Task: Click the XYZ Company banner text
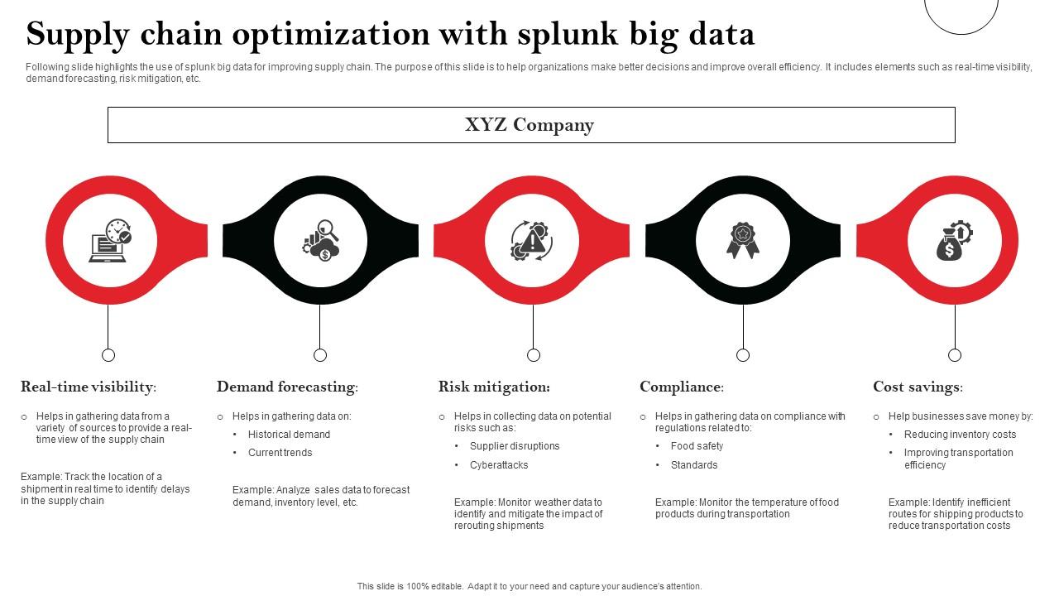coord(529,125)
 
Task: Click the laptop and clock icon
coord(110,241)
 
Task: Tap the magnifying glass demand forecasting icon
coord(320,241)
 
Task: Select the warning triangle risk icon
coord(531,241)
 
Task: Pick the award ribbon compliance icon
coord(742,241)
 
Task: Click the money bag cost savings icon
coord(953,241)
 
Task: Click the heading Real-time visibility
coord(89,387)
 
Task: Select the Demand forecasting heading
coord(287,387)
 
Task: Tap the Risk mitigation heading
coord(494,387)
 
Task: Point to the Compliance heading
coord(682,387)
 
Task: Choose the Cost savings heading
coord(918,387)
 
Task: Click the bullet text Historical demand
coord(289,435)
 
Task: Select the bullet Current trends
coord(280,453)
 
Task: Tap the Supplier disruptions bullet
coord(515,446)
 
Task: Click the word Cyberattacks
coord(499,465)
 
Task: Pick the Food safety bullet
coord(697,446)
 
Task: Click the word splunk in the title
coord(566,34)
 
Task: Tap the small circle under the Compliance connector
coord(743,355)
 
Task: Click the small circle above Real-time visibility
coord(108,355)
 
